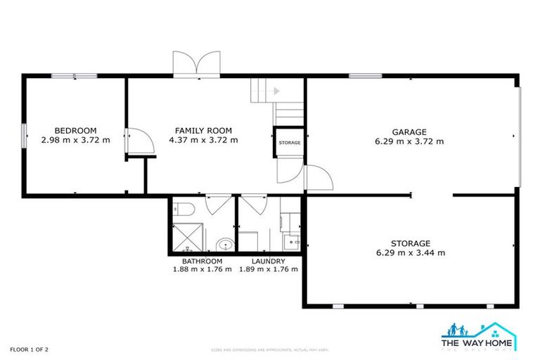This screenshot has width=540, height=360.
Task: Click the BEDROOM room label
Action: pyautogui.click(x=75, y=130)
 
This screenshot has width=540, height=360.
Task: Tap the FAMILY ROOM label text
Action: pyautogui.click(x=203, y=130)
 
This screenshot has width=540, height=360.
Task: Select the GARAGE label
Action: pyautogui.click(x=410, y=131)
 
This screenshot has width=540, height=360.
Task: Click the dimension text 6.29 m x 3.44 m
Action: pyautogui.click(x=411, y=252)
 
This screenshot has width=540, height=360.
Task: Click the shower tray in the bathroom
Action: pyautogui.click(x=188, y=236)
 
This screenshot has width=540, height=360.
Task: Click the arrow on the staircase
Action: pyautogui.click(x=276, y=91)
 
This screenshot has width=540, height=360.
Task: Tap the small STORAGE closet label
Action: pyautogui.click(x=289, y=143)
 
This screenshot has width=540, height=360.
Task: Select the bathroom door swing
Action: pyautogui.click(x=218, y=205)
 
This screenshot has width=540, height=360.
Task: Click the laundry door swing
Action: pyautogui.click(x=253, y=205)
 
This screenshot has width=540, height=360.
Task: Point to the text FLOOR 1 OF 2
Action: pyautogui.click(x=29, y=349)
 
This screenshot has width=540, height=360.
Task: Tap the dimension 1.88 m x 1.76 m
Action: pyautogui.click(x=202, y=269)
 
